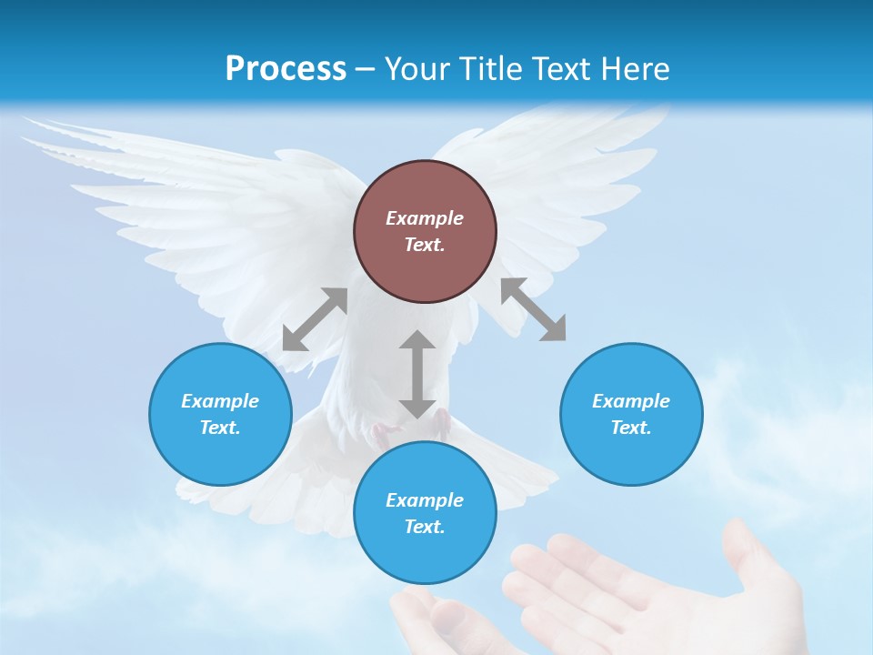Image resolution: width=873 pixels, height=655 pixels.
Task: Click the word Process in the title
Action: pos(286,68)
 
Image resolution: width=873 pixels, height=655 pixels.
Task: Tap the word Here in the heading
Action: pos(634,68)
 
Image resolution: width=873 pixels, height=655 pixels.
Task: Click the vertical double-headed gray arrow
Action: pos(417,374)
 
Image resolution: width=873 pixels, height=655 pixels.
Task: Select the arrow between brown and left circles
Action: pos(315,319)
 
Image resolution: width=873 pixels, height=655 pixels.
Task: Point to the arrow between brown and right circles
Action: pos(533,309)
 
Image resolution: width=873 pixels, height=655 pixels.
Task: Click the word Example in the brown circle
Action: pos(425,218)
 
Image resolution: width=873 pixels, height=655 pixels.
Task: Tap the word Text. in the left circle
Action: pos(220,428)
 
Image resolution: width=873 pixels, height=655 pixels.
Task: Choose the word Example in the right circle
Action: pos(631,401)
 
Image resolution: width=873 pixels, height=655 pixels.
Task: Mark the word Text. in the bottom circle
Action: pos(425,527)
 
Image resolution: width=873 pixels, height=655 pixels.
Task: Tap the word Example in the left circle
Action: pos(220,401)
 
